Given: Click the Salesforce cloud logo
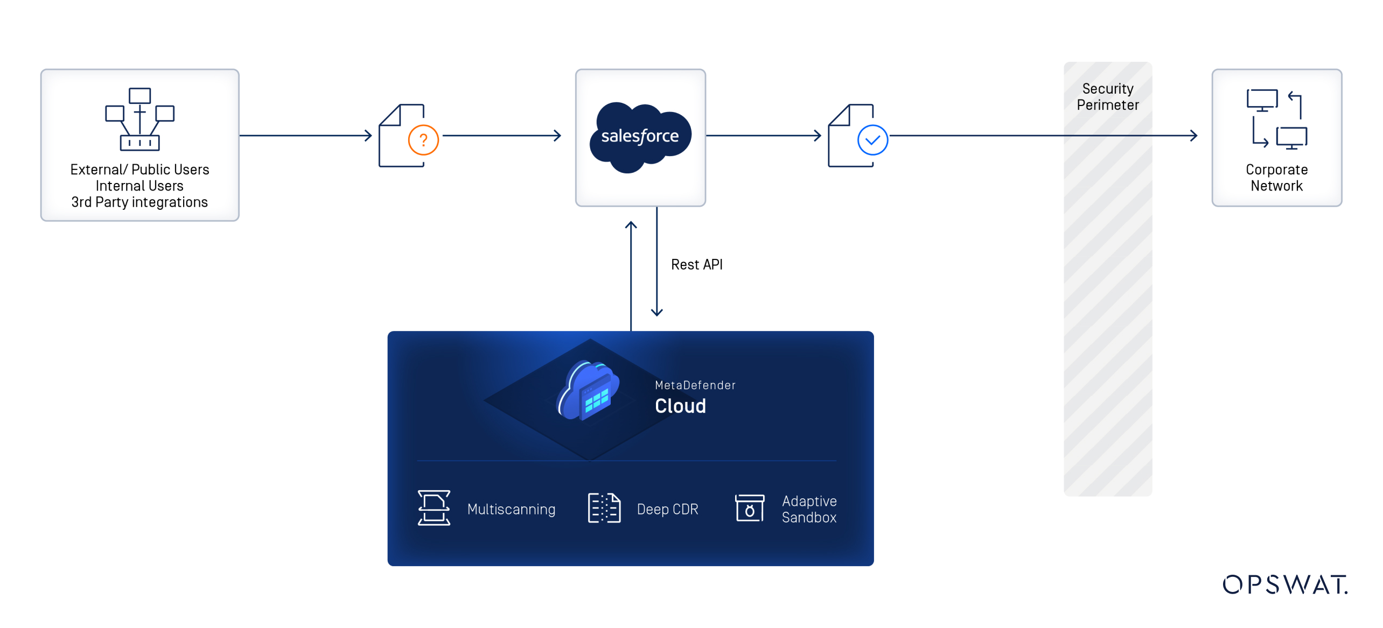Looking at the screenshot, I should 640,137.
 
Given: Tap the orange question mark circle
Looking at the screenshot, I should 423,140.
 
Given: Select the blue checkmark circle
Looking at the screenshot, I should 872,140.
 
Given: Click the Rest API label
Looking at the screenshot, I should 696,264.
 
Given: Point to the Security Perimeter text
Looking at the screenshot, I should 1107,97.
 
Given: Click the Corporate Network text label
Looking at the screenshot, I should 1276,178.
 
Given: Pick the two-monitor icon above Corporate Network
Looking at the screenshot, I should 1276,119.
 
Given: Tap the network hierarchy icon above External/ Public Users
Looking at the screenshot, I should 139,119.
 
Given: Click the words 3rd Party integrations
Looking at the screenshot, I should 139,202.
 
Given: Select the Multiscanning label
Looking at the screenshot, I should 511,509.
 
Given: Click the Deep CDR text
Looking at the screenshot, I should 667,509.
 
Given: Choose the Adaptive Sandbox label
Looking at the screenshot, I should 808,509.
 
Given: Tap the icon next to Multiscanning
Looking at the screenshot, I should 434,507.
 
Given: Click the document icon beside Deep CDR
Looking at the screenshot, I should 604,507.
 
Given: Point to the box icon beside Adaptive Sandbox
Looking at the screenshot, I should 749,507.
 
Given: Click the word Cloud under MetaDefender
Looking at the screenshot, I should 680,406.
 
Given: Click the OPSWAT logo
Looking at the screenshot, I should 1284,584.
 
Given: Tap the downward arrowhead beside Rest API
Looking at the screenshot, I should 656,312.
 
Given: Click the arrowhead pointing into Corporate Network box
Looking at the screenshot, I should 1193,136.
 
